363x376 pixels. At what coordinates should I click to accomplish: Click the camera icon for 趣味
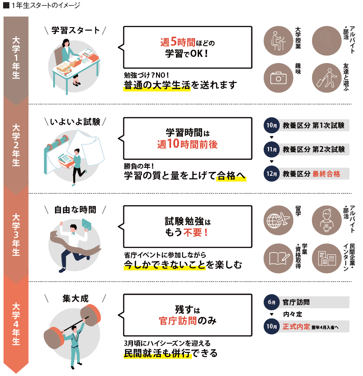[278, 78]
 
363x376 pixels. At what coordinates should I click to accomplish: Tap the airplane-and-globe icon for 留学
[278, 220]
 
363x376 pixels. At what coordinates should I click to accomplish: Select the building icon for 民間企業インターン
[327, 258]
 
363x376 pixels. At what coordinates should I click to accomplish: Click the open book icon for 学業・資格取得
[279, 258]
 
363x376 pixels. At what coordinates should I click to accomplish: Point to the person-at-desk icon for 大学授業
[278, 41]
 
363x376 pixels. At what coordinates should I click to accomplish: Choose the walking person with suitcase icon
[326, 78]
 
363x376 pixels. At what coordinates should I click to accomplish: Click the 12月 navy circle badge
[272, 174]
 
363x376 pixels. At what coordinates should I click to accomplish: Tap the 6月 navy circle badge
[272, 302]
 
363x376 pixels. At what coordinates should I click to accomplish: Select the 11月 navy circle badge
[272, 150]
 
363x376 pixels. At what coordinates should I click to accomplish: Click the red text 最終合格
[326, 174]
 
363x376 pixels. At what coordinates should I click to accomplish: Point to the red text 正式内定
[296, 326]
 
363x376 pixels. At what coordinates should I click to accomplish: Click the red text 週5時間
[178, 42]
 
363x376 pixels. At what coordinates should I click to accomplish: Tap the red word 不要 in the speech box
[192, 232]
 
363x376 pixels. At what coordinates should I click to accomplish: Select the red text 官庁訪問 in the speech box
[178, 321]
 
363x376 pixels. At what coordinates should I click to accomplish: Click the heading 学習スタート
[75, 31]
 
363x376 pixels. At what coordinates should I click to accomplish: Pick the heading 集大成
[75, 299]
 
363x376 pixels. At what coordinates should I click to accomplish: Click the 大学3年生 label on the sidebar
[16, 234]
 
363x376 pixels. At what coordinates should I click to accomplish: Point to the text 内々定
[293, 314]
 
